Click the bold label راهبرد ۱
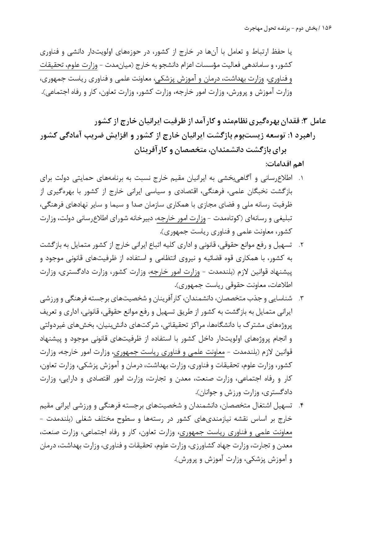(303, 136)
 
